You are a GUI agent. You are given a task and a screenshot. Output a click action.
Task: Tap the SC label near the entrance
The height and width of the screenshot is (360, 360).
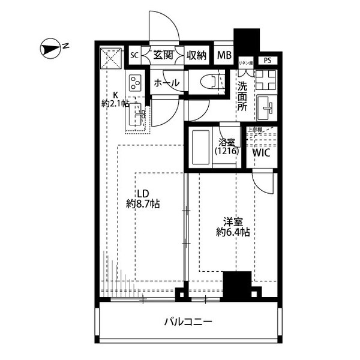(134, 56)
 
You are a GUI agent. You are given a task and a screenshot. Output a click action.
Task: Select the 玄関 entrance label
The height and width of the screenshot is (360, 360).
(162, 55)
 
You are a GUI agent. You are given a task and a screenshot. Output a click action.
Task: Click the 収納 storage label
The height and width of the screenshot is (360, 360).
(196, 55)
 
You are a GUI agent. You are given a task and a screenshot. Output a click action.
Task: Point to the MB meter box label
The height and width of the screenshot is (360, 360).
(224, 56)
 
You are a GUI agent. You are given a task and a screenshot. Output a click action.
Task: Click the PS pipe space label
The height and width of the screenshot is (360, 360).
(267, 60)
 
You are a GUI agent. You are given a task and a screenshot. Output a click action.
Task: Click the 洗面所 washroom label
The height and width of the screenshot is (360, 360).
(242, 95)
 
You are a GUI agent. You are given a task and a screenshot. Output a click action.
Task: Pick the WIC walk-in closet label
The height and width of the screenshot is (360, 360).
(262, 152)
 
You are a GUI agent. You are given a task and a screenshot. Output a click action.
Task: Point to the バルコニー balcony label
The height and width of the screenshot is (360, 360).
(188, 322)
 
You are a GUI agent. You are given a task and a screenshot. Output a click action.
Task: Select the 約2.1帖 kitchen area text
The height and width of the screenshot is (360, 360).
(115, 103)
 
